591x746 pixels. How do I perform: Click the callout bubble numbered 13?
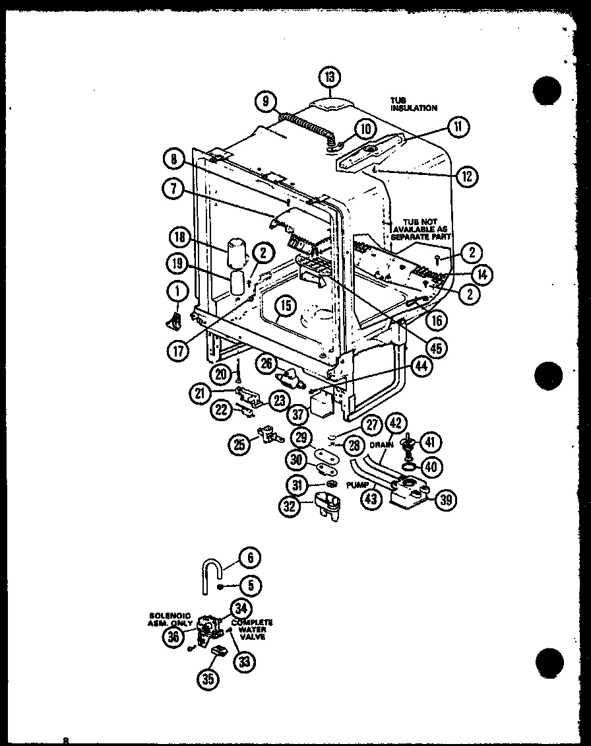330,77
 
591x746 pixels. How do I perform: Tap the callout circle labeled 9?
265,101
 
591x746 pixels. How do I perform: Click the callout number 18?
178,237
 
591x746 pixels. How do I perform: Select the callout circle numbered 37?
298,414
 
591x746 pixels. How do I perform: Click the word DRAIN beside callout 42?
381,446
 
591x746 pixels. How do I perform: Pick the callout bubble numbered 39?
447,500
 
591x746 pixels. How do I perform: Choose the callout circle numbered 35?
208,679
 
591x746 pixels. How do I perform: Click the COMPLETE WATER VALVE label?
252,630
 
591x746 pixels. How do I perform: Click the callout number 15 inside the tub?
285,306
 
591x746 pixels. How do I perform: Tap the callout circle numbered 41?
431,442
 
